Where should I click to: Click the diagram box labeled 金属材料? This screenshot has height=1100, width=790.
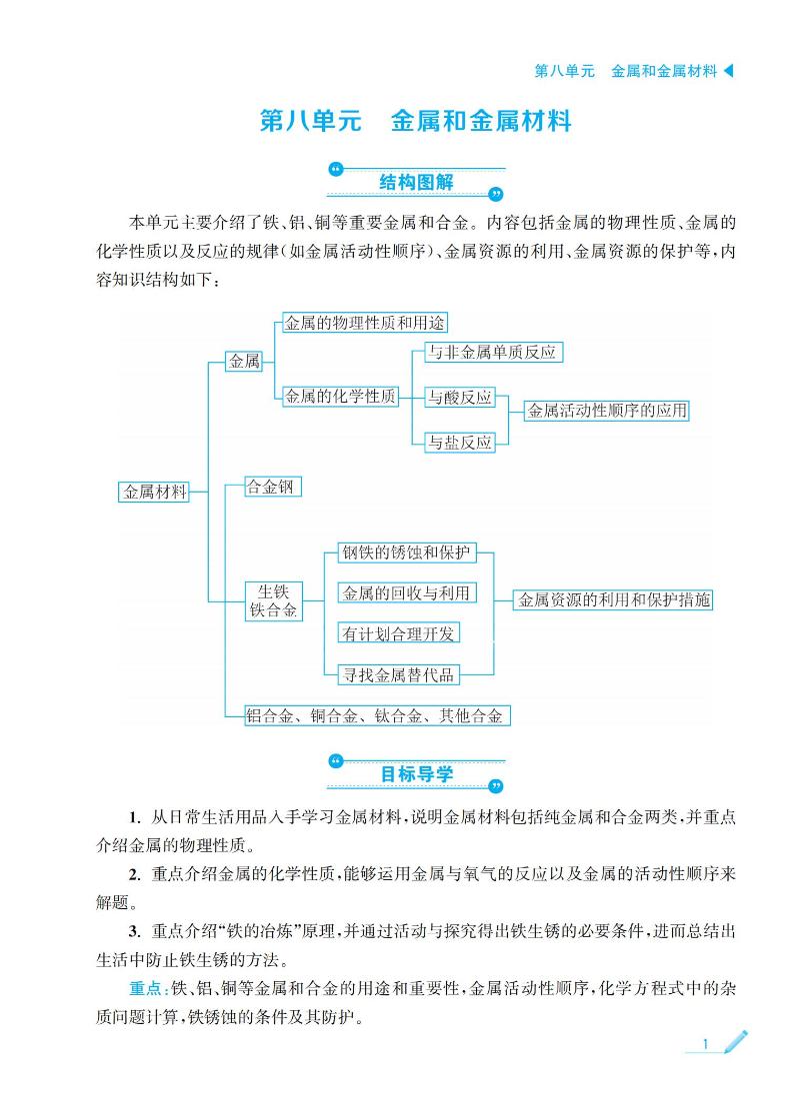[x=154, y=492]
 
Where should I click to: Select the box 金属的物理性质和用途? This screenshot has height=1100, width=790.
[x=364, y=323]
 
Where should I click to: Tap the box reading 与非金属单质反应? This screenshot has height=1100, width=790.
[x=494, y=352]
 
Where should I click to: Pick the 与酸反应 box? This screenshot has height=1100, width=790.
[x=460, y=398]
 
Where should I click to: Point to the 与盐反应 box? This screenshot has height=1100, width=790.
[x=460, y=443]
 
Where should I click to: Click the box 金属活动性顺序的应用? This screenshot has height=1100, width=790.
[x=607, y=411]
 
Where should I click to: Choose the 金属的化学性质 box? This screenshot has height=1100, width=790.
[x=340, y=397]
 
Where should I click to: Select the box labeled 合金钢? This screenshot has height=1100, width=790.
[x=272, y=487]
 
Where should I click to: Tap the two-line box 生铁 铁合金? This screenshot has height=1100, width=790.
[x=273, y=601]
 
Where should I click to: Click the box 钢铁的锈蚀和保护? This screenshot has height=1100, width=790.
[x=407, y=552]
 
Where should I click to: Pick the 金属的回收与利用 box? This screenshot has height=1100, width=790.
[x=407, y=593]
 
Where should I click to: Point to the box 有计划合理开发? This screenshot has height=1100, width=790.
[x=398, y=633]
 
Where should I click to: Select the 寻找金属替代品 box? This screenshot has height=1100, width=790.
[x=398, y=674]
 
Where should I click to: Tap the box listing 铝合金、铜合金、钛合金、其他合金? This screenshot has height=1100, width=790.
[x=376, y=715]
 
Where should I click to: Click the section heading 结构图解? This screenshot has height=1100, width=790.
[x=416, y=183]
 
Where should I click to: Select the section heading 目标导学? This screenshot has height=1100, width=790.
[x=416, y=774]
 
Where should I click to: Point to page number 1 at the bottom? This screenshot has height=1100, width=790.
[x=705, y=1045]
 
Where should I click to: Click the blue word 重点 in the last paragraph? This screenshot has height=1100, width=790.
[x=146, y=988]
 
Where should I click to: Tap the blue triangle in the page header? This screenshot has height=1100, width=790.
[x=728, y=70]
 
